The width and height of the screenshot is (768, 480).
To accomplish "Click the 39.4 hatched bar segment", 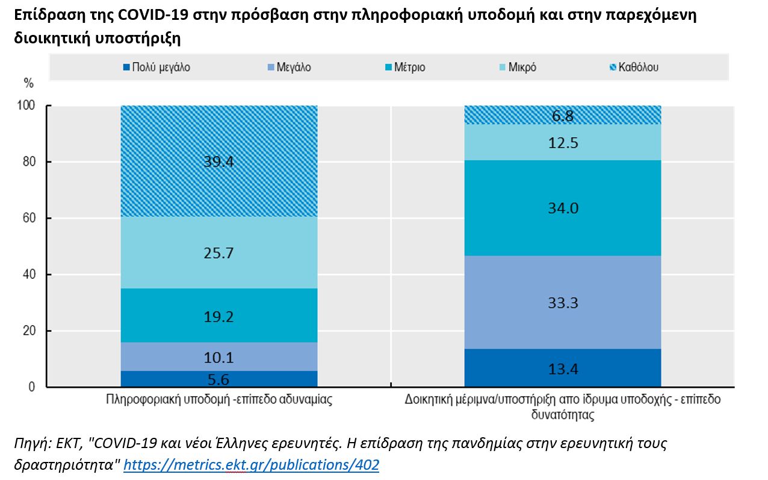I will tap(218, 161).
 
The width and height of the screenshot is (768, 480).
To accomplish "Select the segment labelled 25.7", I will tap(218, 253).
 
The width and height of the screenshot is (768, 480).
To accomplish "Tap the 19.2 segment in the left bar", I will tap(218, 316).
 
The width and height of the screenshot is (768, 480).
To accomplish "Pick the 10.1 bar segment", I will tap(218, 357).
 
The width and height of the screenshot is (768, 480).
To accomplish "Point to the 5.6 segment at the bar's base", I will tap(218, 379).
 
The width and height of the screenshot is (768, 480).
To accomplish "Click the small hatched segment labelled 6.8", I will tap(562, 115).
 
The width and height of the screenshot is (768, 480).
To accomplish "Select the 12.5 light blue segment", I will tap(562, 142).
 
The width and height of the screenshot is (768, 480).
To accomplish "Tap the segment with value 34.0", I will tap(562, 208).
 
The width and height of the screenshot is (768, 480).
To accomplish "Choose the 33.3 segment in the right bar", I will tap(562, 302).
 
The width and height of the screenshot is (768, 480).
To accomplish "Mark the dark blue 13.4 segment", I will tap(562, 368).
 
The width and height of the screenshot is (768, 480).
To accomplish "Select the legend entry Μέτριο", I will tap(407, 67).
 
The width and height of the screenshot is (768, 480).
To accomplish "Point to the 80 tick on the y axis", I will tap(29, 162).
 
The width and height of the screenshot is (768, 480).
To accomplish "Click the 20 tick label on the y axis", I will tap(29, 331).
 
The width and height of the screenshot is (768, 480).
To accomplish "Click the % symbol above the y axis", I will tap(28, 83).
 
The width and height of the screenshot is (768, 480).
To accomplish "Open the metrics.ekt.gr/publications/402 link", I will tap(251, 465).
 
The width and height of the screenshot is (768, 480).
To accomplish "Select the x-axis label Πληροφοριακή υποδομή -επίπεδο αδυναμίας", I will tap(218, 400).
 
